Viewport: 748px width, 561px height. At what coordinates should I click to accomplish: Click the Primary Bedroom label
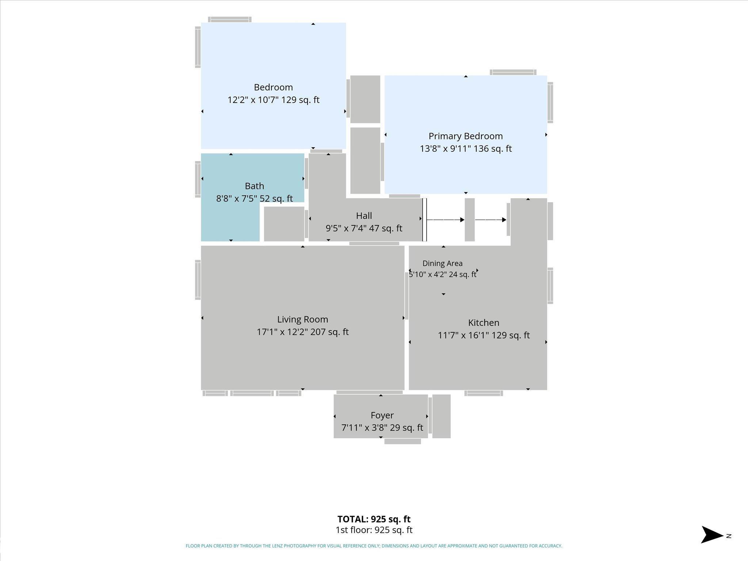(466, 136)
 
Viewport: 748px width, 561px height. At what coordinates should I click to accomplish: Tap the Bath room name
(255, 186)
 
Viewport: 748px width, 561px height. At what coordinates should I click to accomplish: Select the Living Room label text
(302, 320)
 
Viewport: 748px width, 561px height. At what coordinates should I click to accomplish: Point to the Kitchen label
(484, 323)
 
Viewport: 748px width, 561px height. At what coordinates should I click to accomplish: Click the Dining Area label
(442, 263)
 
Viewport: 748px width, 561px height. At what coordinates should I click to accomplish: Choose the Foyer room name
(382, 416)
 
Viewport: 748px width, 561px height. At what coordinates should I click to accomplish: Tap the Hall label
(364, 216)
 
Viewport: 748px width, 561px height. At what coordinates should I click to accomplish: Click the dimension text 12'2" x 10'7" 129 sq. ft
(274, 100)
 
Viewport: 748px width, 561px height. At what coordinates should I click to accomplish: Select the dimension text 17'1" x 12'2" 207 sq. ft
(302, 332)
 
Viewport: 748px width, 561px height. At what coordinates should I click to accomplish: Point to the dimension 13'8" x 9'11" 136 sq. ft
(466, 149)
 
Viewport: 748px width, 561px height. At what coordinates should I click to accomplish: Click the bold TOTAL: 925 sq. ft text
(374, 519)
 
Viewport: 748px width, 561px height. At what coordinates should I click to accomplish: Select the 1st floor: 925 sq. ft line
(374, 530)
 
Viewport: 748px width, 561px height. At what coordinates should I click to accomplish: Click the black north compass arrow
(712, 535)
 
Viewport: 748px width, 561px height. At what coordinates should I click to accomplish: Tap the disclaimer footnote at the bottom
(374, 546)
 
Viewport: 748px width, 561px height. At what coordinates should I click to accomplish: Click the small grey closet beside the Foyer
(441, 416)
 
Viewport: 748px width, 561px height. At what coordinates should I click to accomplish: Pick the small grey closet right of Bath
(284, 224)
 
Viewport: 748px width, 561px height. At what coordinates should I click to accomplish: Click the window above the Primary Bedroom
(513, 72)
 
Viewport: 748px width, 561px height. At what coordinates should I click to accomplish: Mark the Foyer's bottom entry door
(402, 442)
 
